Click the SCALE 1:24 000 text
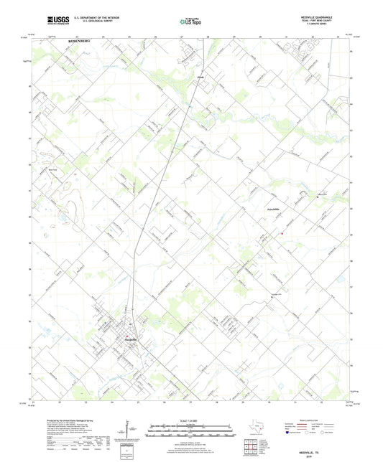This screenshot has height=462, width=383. (190, 420)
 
